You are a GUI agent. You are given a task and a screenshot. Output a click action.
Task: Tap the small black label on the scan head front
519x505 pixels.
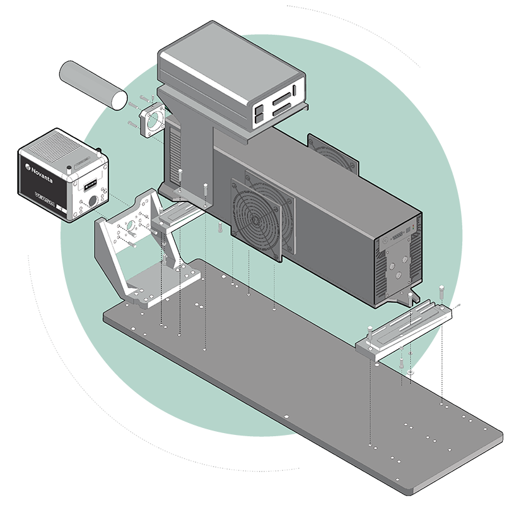(x=88, y=184)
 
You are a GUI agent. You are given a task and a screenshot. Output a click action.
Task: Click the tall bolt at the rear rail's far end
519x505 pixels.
(x=442, y=292)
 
